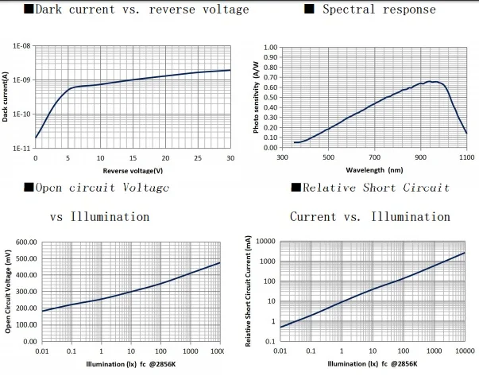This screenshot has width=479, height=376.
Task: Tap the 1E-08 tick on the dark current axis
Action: [21, 47]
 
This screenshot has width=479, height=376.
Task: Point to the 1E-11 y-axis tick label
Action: [21, 149]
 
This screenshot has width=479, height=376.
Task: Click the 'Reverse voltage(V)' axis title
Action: [133, 170]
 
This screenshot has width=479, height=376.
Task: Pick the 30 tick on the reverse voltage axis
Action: [230, 157]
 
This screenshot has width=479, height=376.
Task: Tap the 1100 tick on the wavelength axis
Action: [466, 157]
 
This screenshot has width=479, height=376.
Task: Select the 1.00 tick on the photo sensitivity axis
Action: [269, 48]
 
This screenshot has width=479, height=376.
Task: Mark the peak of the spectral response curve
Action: [429, 81]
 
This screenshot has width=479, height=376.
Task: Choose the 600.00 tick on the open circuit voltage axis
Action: [26, 242]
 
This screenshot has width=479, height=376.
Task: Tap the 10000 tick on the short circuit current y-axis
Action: [265, 242]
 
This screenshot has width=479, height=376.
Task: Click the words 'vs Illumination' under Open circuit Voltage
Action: [99, 216]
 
